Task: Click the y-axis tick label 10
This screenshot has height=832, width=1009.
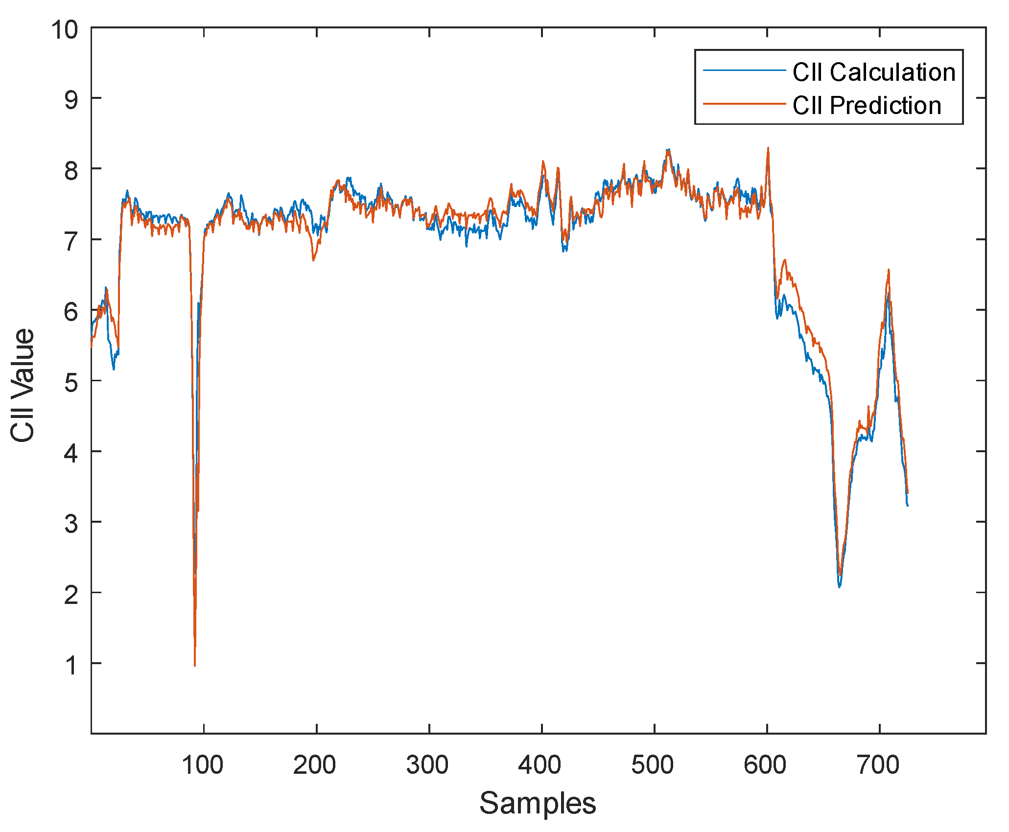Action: [65, 30]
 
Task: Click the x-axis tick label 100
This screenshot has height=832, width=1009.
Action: [203, 764]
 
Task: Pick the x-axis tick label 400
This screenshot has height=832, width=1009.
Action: [540, 764]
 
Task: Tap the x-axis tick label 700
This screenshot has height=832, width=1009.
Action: [878, 764]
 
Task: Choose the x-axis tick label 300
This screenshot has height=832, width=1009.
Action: [427, 764]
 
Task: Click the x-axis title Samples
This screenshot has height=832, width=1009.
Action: [538, 803]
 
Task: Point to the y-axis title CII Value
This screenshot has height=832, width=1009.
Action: [23, 386]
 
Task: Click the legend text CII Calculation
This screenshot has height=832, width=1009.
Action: [874, 72]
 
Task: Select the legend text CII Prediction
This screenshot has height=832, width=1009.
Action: [867, 105]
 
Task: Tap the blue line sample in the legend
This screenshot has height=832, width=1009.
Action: [744, 70]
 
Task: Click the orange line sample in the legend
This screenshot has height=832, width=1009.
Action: [744, 104]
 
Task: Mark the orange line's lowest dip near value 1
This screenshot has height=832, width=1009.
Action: [195, 666]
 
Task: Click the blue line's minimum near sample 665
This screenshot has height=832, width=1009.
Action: [840, 586]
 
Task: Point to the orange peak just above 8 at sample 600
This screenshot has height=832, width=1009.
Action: [768, 148]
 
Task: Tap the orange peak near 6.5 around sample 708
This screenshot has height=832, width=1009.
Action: [889, 270]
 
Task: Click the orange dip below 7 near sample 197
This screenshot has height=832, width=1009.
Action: [313, 260]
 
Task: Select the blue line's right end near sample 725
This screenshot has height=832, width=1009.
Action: [908, 506]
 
